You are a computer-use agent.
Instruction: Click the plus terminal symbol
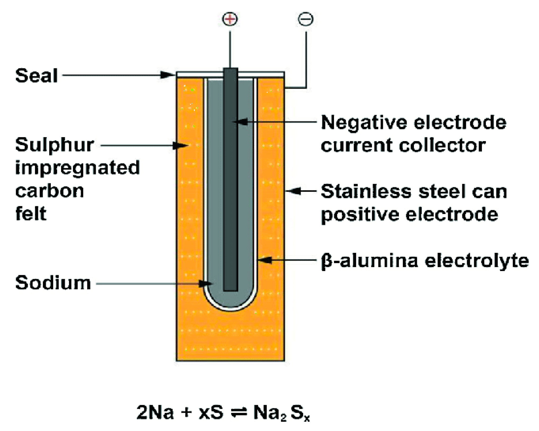coord(230,19)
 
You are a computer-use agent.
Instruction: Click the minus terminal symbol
coord(306,19)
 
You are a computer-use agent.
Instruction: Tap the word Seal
coord(36,76)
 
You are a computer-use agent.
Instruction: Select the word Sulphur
coord(54,145)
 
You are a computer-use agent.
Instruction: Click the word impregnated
coord(77,168)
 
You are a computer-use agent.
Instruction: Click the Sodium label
coord(53,283)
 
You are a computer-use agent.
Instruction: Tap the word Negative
coord(364,123)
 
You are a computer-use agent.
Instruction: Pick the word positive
coord(360,214)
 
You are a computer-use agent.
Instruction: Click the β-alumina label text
coord(369,261)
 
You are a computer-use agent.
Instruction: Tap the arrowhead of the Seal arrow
coord(168,75)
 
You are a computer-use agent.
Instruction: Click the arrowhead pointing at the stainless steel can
coord(294,191)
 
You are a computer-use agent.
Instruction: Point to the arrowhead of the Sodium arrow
coord(205,284)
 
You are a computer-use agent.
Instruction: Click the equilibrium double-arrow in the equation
coord(239,412)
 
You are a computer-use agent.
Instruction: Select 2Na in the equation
coord(155,412)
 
